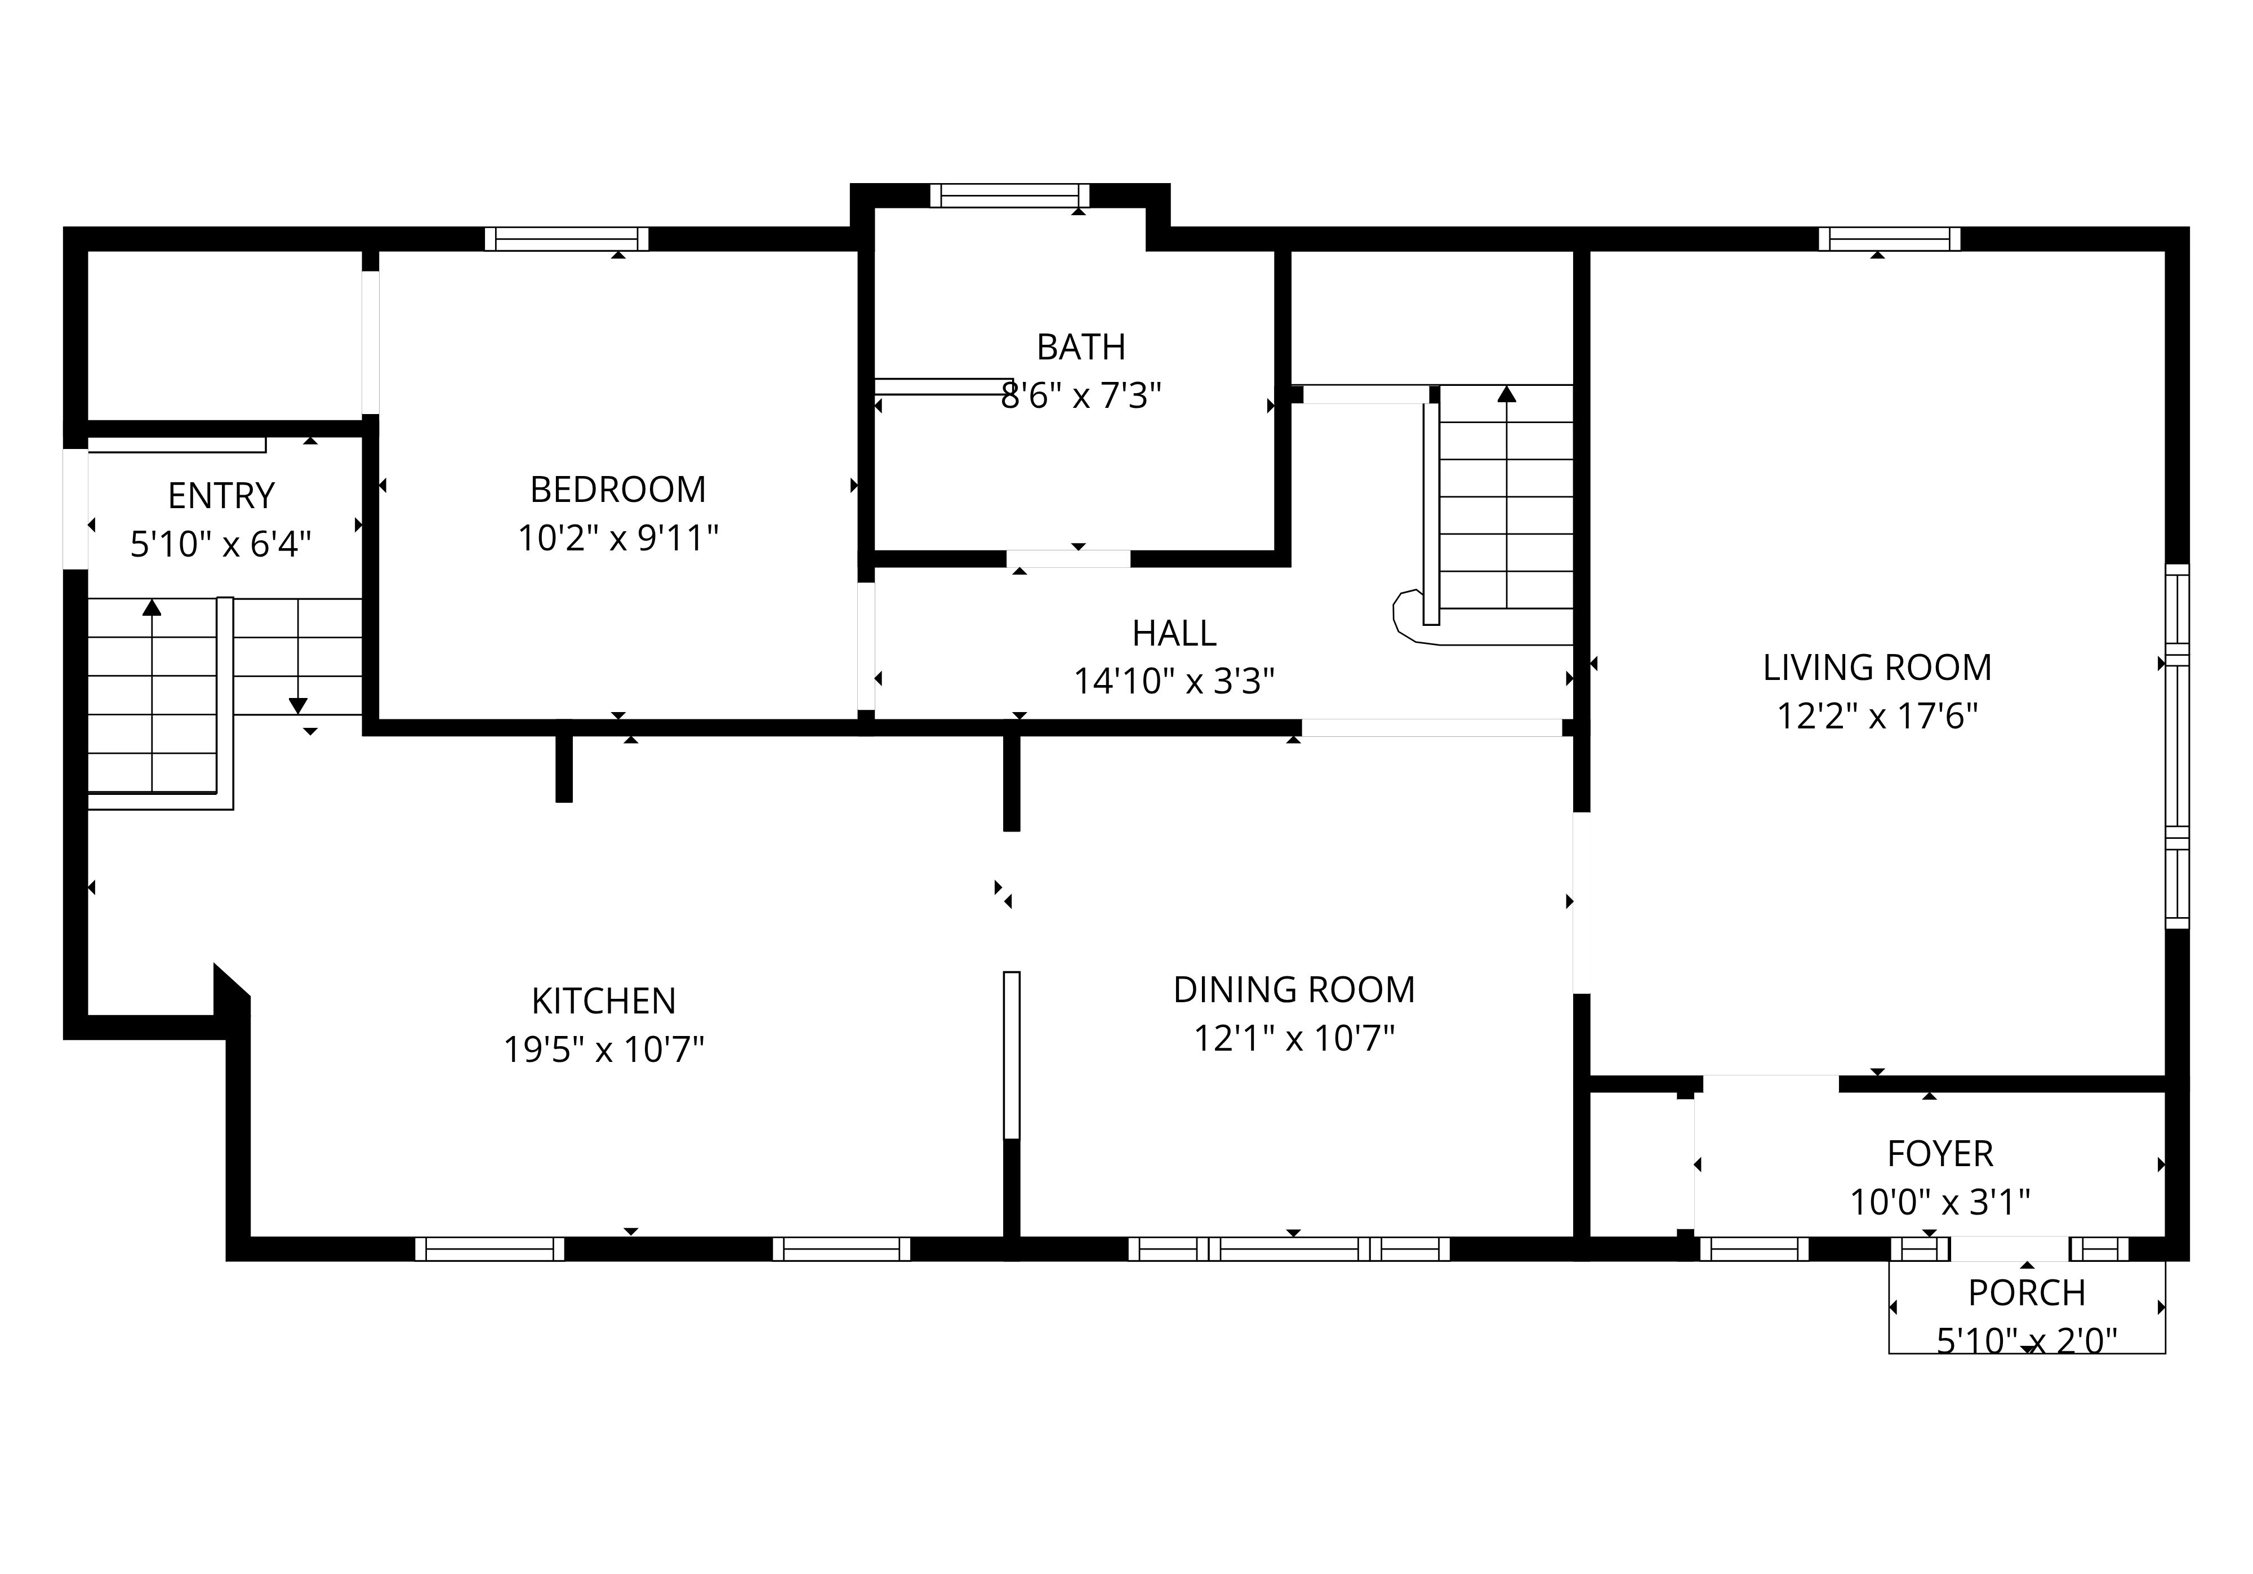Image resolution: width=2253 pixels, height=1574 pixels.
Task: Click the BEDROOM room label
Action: (618, 488)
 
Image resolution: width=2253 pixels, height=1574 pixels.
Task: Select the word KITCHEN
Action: (603, 1001)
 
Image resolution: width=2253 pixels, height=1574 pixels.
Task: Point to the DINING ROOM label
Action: (1294, 989)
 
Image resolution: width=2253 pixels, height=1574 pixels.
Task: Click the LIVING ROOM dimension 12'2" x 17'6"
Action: (1877, 717)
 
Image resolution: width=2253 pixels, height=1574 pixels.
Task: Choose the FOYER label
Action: (1940, 1154)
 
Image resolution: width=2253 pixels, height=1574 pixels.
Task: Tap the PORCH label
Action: (2027, 1293)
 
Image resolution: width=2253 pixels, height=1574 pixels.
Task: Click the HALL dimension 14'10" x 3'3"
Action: (1174, 681)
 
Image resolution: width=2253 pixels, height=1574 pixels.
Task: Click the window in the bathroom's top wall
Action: (1010, 195)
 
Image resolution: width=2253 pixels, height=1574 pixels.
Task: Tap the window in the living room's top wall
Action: (1890, 238)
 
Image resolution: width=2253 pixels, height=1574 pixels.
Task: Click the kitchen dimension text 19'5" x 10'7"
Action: (603, 1050)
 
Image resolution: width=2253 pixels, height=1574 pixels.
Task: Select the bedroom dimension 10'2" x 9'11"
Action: (618, 538)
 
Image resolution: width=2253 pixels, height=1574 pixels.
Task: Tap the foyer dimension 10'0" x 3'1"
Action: (1940, 1202)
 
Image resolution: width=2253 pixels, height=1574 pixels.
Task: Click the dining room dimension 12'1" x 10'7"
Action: (1294, 1038)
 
